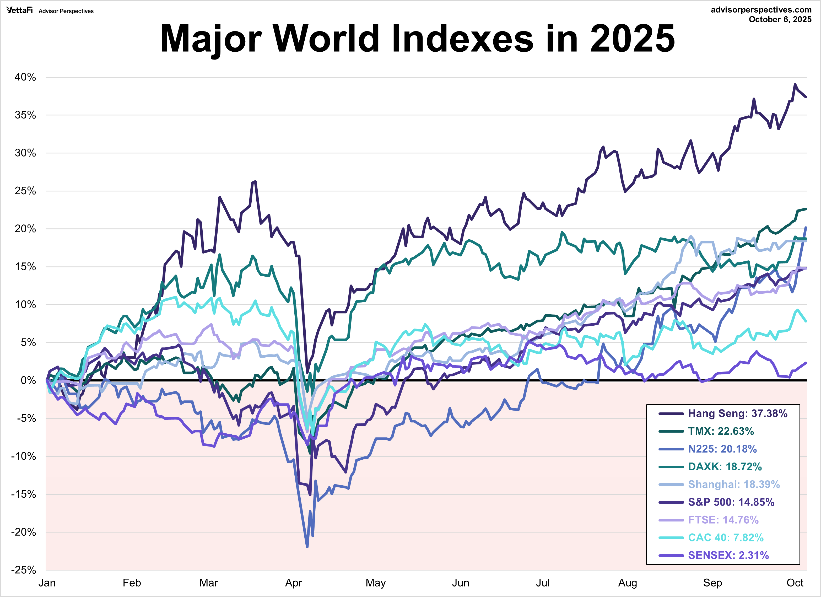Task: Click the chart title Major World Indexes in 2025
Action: click(417, 38)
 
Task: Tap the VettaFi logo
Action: click(20, 10)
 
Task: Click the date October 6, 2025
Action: click(780, 20)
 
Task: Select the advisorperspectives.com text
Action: click(761, 10)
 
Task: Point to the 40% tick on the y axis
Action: click(25, 77)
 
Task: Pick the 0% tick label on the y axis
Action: click(28, 380)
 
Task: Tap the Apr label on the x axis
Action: click(293, 583)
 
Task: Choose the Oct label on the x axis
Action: click(795, 583)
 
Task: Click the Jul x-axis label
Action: click(543, 583)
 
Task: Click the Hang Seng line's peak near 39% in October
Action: click(795, 84)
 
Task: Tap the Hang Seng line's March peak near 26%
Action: click(256, 181)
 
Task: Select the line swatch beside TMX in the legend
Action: click(671, 431)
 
